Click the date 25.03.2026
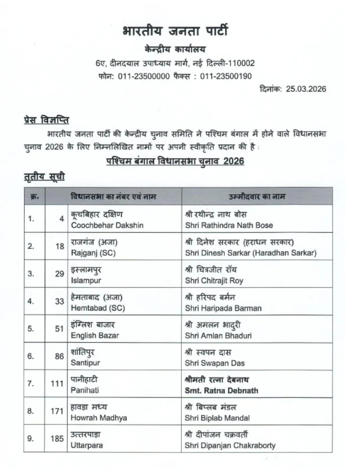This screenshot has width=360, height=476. click(306, 89)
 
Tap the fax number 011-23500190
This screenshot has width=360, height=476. click(226, 76)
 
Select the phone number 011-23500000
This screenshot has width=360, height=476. click(144, 76)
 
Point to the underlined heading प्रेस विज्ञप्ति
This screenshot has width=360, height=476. click(46, 120)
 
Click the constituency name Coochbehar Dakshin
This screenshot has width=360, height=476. click(107, 225)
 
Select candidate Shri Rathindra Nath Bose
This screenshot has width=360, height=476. click(229, 225)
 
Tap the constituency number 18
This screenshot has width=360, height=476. click(60, 246)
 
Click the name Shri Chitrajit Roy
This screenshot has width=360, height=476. click(214, 280)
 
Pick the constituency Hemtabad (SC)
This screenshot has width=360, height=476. click(98, 308)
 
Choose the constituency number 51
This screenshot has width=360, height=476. click(60, 329)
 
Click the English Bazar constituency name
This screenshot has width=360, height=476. click(95, 335)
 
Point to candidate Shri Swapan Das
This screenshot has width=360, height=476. click(215, 363)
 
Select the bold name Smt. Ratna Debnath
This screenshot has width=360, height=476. click(221, 391)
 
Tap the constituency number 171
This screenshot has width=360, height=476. click(57, 411)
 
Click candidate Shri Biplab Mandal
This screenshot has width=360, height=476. click(217, 418)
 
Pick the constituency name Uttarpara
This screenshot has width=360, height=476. click(87, 445)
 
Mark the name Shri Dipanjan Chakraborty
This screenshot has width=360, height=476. click(230, 446)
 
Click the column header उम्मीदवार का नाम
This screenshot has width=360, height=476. click(257, 196)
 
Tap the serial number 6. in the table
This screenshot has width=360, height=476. click(31, 356)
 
